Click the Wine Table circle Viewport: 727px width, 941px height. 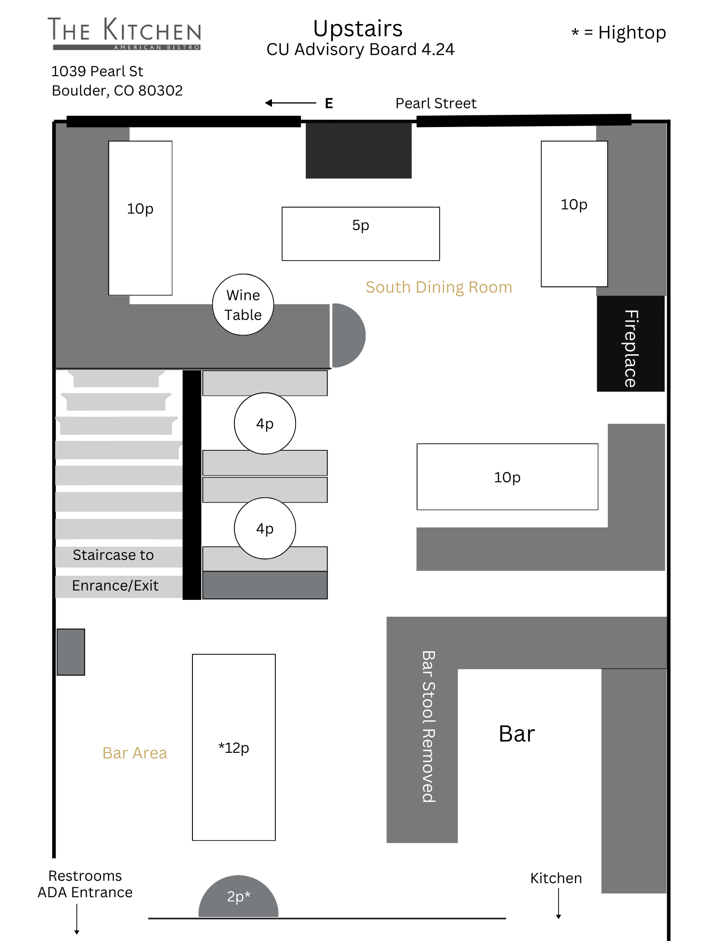[x=243, y=304]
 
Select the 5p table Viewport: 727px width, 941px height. [x=361, y=234]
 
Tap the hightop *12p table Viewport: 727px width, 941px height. [x=234, y=747]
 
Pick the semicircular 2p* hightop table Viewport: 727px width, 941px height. [x=239, y=897]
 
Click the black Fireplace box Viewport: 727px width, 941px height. [x=631, y=343]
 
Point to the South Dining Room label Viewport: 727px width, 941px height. [x=439, y=287]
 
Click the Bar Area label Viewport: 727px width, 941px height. [x=135, y=753]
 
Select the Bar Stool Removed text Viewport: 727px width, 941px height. [x=428, y=726]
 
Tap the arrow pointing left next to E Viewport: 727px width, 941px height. [x=290, y=103]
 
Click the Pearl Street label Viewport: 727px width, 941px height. [x=436, y=103]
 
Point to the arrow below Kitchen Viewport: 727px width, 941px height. [x=559, y=904]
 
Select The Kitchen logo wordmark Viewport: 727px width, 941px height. [x=125, y=33]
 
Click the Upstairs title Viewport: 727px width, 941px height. [x=358, y=28]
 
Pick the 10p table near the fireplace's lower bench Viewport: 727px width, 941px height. [x=507, y=477]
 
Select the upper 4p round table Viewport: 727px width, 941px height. [x=265, y=423]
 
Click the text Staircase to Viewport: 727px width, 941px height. [x=113, y=555]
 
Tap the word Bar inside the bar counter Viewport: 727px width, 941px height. [x=517, y=734]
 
